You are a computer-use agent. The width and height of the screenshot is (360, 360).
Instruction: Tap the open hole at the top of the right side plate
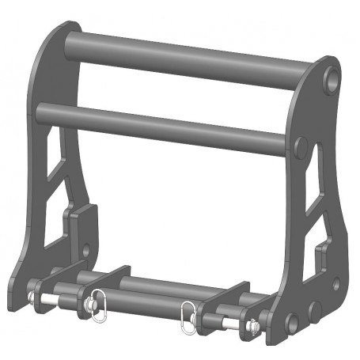[333, 79]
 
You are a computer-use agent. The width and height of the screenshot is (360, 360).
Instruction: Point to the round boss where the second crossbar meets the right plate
[301, 146]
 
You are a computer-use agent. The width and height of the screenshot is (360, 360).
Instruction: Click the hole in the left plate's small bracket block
[86, 252]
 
